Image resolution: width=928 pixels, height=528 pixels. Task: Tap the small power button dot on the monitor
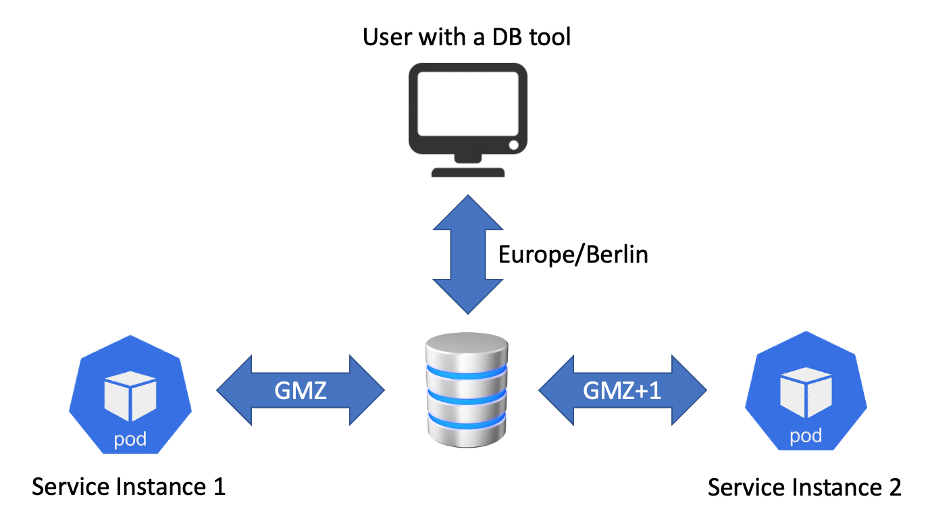coord(513,145)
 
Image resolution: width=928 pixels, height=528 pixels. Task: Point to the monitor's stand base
coord(467,171)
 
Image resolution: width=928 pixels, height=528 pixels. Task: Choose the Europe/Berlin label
coord(573,255)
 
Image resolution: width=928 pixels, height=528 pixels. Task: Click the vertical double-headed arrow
coord(467,254)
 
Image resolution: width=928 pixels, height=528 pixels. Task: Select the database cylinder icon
coord(467,392)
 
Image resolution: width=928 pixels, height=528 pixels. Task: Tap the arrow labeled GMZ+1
coord(622,390)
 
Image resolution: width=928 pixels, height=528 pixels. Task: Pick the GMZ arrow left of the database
coord(301,390)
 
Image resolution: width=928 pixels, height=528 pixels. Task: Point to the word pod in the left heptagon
coord(130,440)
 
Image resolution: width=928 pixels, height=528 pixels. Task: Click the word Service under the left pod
coord(70,486)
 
